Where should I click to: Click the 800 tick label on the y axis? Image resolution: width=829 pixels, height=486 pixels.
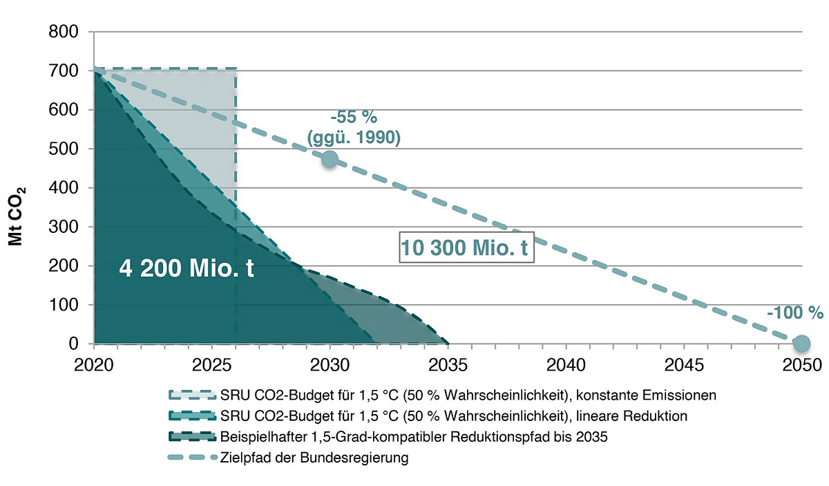pyautogui.click(x=64, y=32)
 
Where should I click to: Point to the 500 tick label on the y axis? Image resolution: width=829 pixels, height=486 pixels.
pyautogui.click(x=64, y=149)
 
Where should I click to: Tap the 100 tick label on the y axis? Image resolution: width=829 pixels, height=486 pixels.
pyautogui.click(x=64, y=305)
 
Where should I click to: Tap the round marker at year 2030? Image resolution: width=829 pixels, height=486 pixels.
pyautogui.click(x=330, y=159)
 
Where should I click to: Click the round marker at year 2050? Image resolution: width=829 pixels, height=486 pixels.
pyautogui.click(x=801, y=343)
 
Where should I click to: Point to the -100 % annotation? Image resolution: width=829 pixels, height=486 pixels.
pyautogui.click(x=794, y=312)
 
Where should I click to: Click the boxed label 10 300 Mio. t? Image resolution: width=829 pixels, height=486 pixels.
pyautogui.click(x=466, y=247)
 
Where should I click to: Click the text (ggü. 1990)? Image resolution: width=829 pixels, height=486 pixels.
pyautogui.click(x=353, y=138)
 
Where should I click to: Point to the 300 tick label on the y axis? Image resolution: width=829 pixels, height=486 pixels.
pyautogui.click(x=64, y=227)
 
